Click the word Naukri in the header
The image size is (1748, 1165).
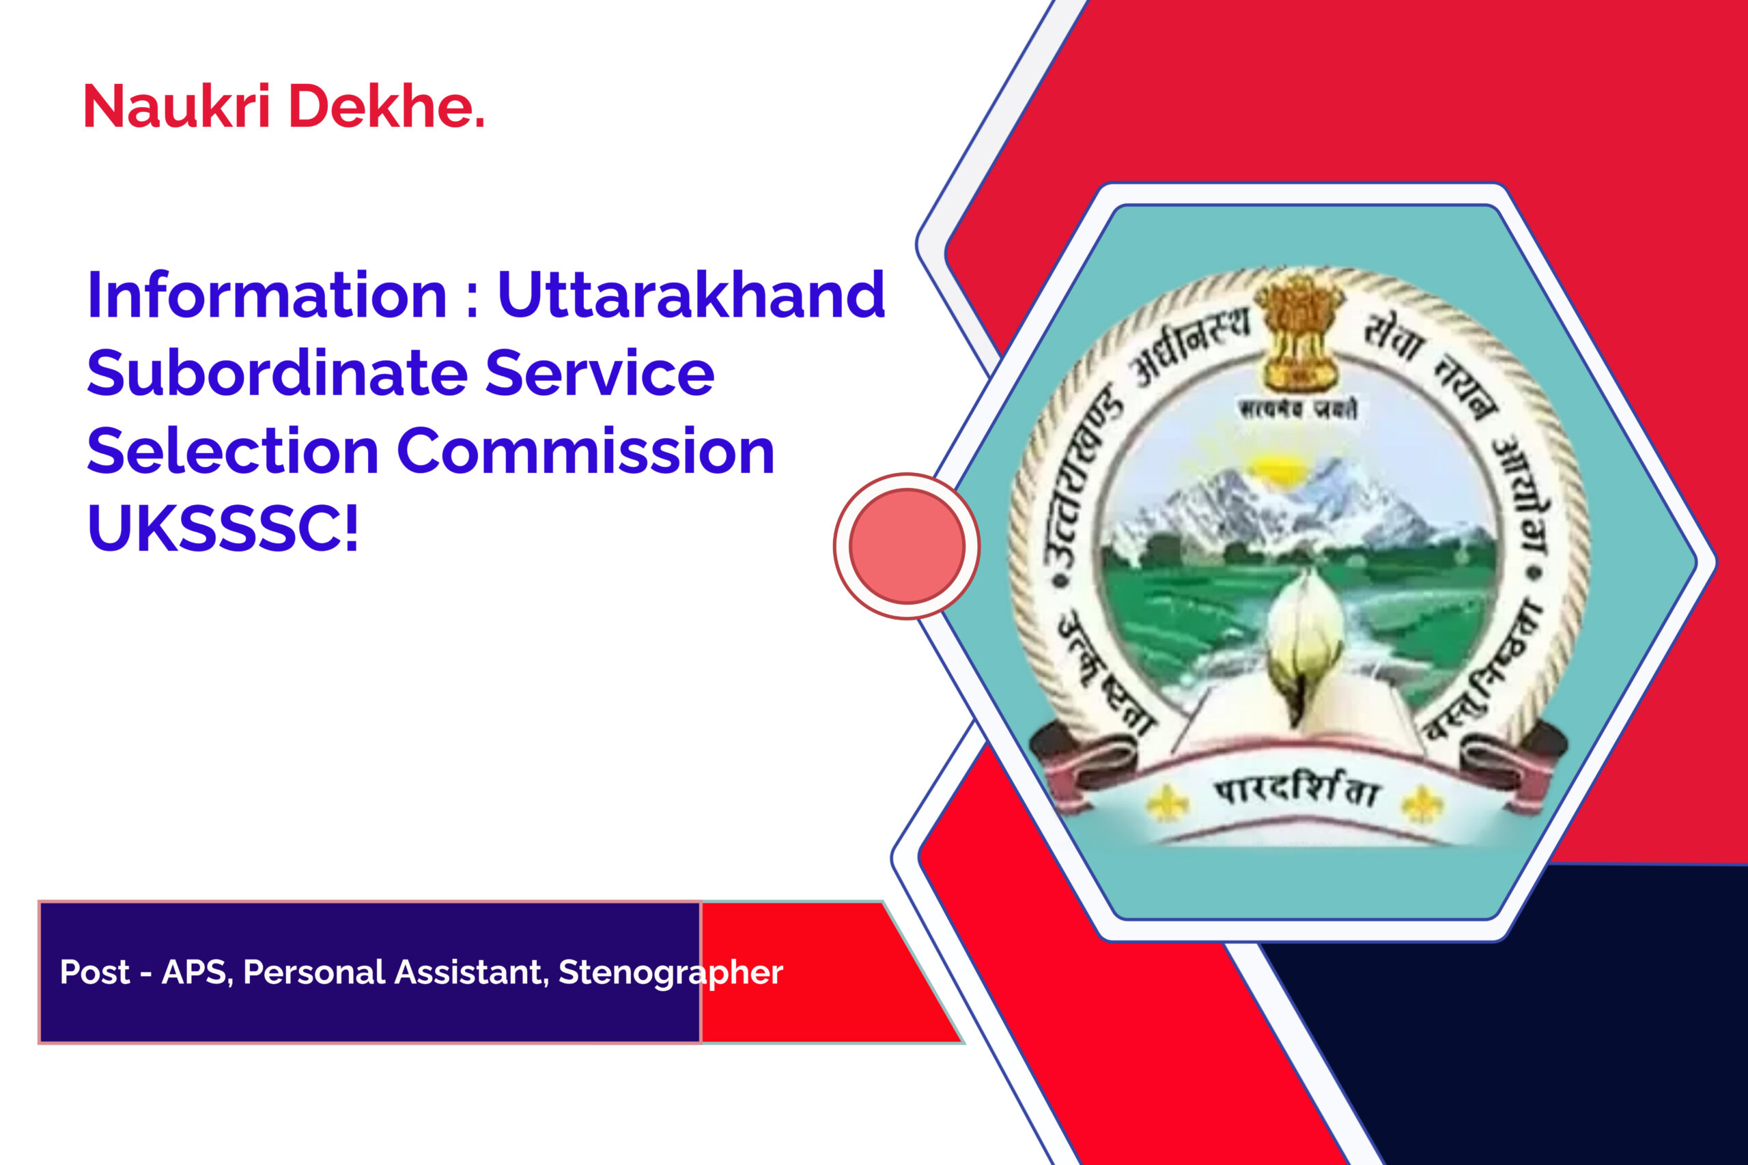177,106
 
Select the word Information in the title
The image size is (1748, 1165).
267,296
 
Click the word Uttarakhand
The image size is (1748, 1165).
691,296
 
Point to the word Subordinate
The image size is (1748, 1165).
277,374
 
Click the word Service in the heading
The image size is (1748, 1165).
600,374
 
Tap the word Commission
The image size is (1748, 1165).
587,452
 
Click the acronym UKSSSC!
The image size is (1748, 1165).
223,529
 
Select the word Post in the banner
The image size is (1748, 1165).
94,972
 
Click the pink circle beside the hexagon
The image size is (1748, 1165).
907,546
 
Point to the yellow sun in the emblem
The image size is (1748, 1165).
1275,468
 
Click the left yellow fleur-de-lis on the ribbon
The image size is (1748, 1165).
1168,803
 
